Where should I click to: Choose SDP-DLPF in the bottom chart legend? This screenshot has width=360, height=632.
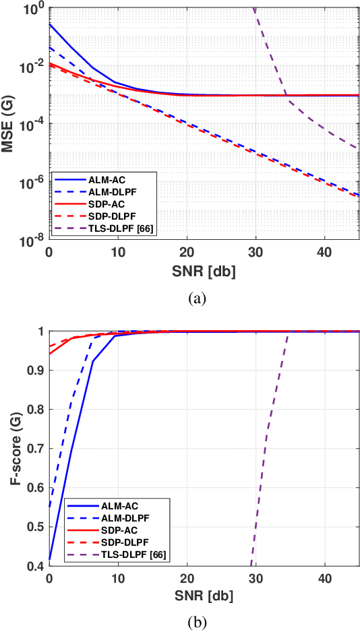(120, 543)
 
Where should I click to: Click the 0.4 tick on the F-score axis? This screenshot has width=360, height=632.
(35, 566)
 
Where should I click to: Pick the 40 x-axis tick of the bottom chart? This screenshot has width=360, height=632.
(324, 579)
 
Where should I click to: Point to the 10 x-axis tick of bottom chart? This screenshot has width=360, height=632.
(118, 579)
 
